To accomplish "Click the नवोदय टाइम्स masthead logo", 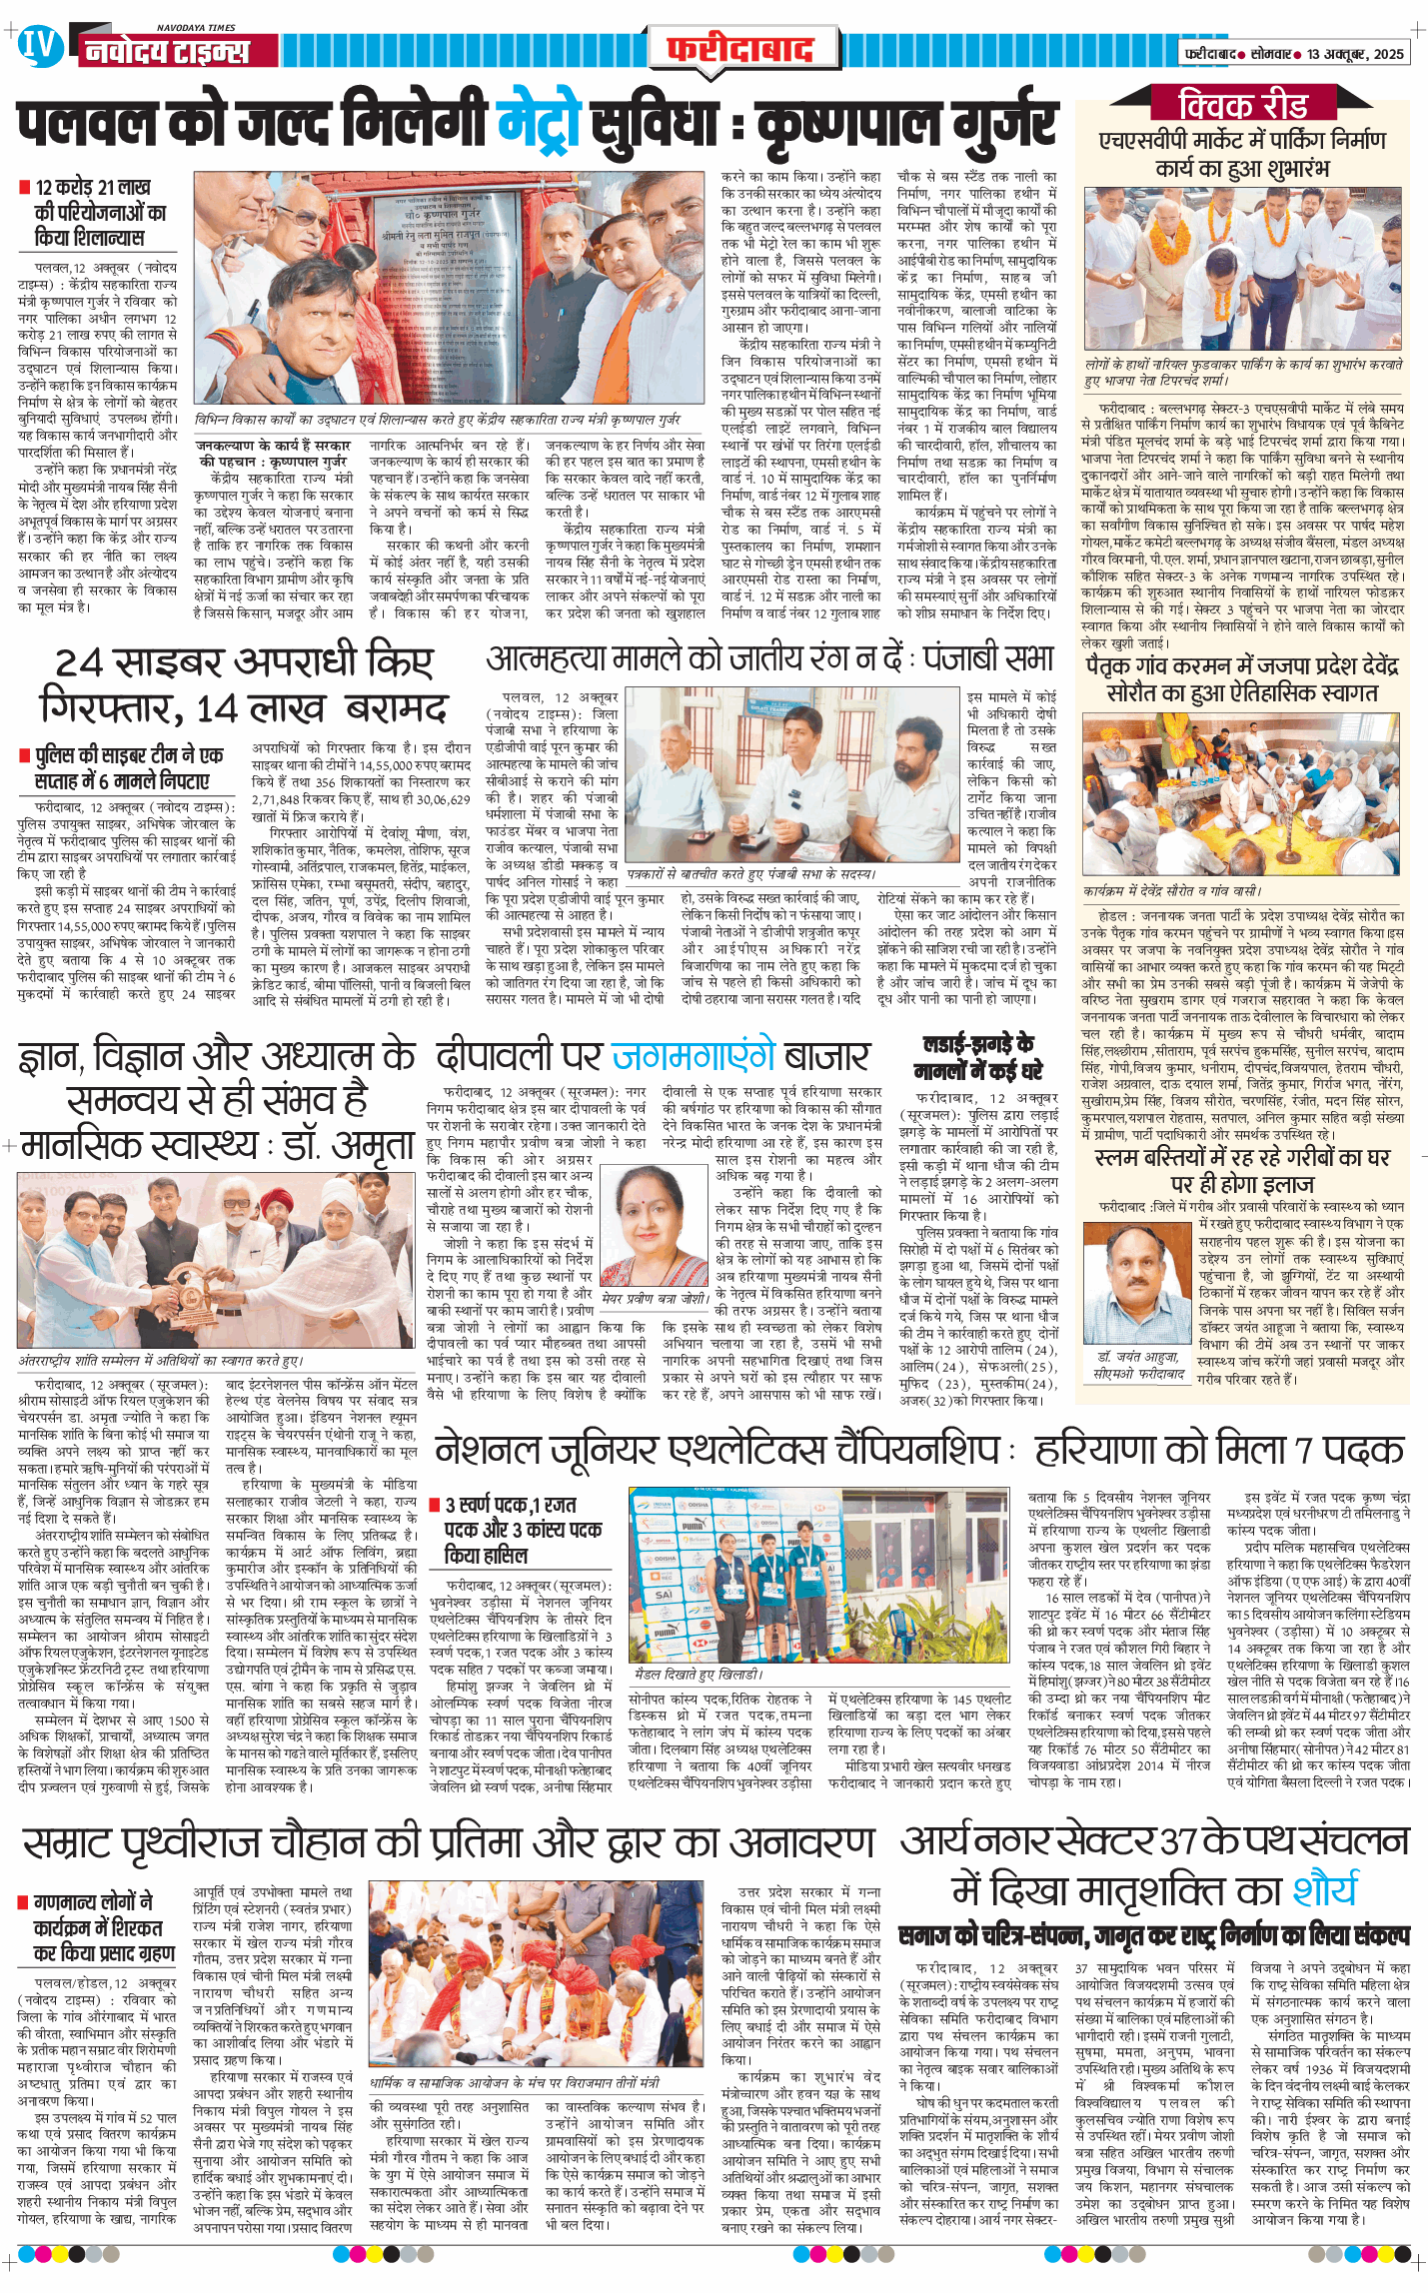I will (x=166, y=50).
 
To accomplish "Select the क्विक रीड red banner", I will (x=1243, y=104).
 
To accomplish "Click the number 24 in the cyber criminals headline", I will (x=79, y=662).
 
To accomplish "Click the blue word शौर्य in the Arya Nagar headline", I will (x=1325, y=1891).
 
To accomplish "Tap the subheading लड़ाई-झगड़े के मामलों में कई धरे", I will (x=978, y=1058).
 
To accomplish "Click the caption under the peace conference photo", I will (x=161, y=1361).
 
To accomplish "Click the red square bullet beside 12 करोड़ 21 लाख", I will (x=24, y=187).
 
